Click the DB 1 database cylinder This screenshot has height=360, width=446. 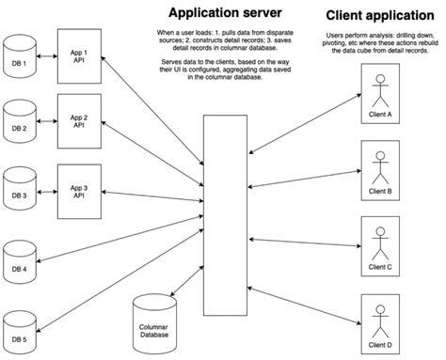[19, 53]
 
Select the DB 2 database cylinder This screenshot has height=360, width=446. [19, 119]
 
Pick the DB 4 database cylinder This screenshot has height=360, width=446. [19, 261]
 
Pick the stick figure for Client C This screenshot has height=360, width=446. [380, 242]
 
